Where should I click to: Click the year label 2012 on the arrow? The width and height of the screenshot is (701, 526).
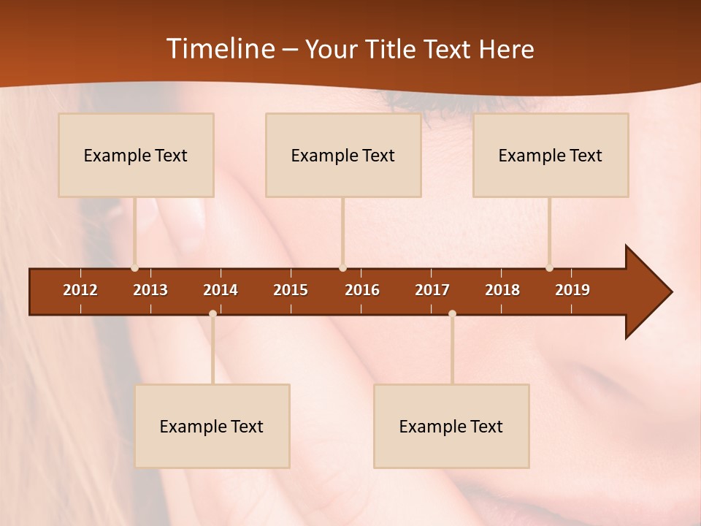click(80, 290)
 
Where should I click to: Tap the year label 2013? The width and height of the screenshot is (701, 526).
click(150, 290)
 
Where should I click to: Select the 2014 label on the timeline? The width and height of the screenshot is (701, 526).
click(221, 290)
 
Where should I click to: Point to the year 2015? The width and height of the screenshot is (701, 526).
click(291, 290)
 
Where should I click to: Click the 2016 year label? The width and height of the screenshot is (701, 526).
click(362, 290)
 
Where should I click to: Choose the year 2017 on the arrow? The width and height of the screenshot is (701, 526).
click(432, 290)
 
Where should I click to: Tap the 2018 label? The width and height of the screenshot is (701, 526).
click(502, 290)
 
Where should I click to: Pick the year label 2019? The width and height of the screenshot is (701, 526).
click(572, 290)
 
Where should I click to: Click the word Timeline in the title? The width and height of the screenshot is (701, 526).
click(219, 49)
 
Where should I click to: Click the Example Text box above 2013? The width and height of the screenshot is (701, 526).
click(136, 155)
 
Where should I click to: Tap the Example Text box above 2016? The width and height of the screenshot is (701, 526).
click(343, 155)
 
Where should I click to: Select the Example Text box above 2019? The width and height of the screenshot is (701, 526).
click(551, 155)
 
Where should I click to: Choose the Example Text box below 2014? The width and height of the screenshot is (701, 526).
click(212, 426)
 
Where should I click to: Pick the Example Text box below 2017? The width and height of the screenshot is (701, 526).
click(451, 426)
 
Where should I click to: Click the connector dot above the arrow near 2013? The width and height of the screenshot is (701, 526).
click(134, 268)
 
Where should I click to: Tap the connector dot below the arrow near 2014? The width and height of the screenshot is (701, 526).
click(212, 313)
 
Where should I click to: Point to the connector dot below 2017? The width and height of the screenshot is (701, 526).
click(452, 313)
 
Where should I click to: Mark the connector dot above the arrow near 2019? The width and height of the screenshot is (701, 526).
click(549, 268)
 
